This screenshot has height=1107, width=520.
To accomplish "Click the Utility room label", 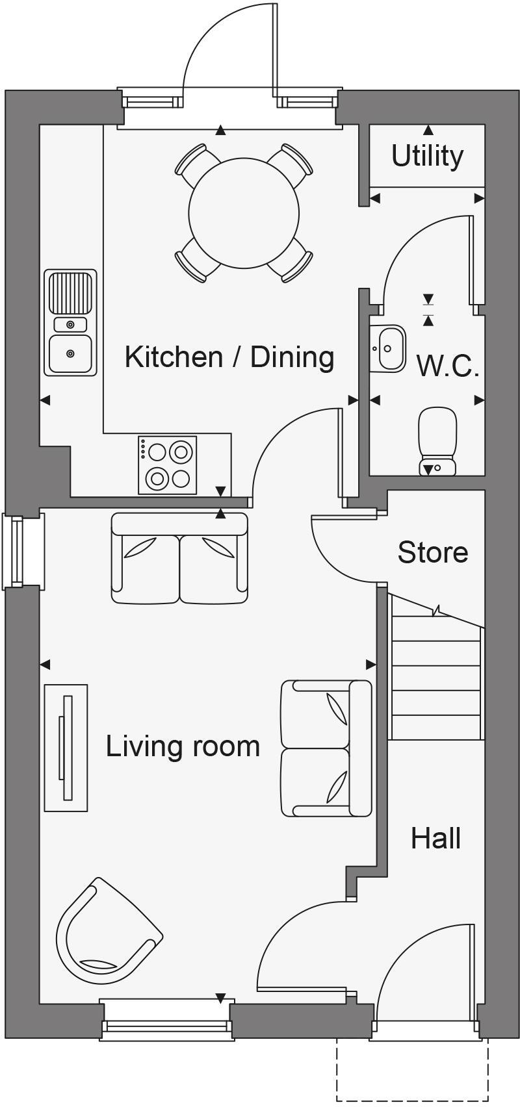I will [427, 156].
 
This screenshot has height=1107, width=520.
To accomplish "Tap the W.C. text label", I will [448, 366].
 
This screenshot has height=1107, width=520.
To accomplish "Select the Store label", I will [432, 552].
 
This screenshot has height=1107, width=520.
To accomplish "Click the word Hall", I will [435, 838].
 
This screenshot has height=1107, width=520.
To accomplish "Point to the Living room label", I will [183, 746].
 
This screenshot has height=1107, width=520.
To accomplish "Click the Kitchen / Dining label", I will [229, 357].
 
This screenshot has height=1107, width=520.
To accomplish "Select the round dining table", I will [244, 213].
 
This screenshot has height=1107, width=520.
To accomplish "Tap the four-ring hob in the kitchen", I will [167, 464].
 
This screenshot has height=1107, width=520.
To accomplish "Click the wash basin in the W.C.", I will [389, 348].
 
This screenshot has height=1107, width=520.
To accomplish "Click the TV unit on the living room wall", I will [66, 747].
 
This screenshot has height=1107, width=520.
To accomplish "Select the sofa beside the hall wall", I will [326, 748].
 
